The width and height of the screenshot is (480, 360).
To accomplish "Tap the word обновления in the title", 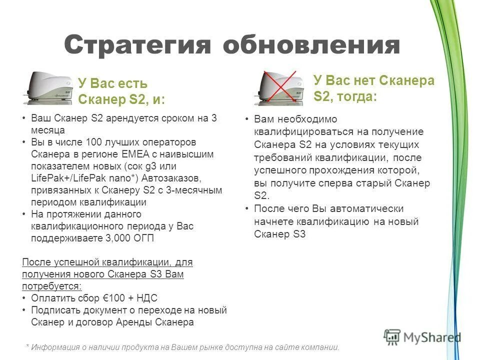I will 311,45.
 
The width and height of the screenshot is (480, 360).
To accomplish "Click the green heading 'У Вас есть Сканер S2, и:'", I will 121,91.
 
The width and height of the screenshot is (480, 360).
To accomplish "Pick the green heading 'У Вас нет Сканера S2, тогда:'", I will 373,87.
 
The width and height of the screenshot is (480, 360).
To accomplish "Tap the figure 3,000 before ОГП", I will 119,238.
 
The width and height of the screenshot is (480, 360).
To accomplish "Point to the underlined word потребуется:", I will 52,286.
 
